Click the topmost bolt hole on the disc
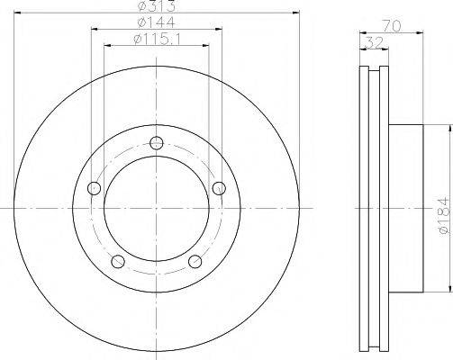pos(158,142)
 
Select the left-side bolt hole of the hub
pos(94,188)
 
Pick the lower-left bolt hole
pos(117,261)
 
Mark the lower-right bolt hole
pos(195,262)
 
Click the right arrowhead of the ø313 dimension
pos(294,15)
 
